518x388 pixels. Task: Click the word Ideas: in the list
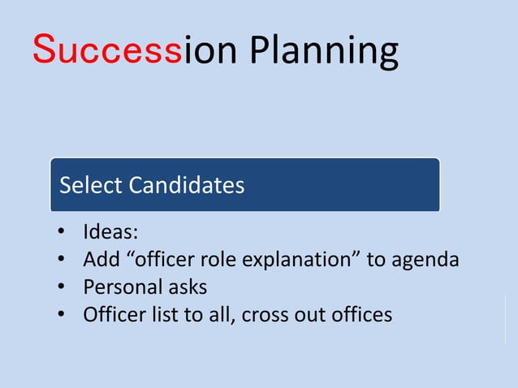click(110, 233)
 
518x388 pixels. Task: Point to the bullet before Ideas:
click(61, 234)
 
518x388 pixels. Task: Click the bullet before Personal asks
click(61, 287)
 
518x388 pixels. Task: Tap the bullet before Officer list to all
click(61, 314)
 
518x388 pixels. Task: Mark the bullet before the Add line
click(61, 261)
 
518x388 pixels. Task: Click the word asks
click(188, 287)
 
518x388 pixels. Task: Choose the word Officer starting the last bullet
click(112, 314)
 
